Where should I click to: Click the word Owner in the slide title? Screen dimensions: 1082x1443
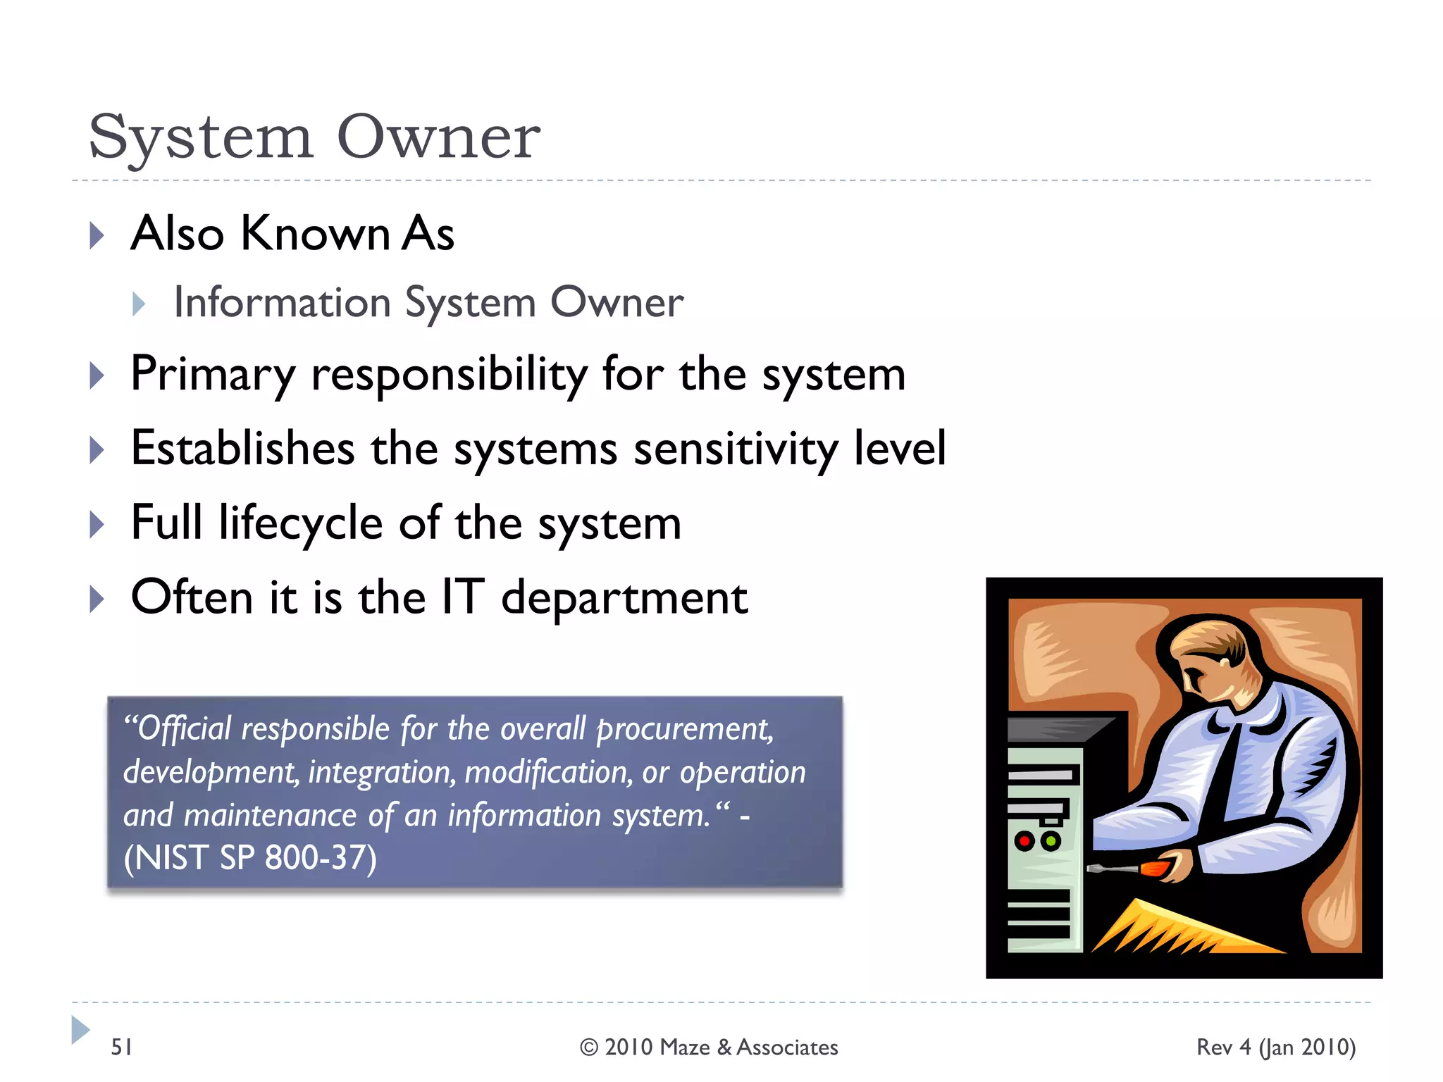[x=438, y=137]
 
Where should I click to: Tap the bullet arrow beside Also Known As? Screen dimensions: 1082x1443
[x=97, y=235]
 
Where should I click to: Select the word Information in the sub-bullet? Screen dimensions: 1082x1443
[x=282, y=303]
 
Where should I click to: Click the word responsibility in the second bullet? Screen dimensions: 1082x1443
[x=449, y=374]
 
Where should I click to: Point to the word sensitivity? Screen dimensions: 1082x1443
[x=736, y=449]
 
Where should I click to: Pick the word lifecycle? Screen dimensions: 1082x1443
[x=300, y=523]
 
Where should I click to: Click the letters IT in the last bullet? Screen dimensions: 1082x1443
[x=462, y=597]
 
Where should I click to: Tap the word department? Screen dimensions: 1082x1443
[x=624, y=599]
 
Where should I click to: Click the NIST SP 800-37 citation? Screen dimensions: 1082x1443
[x=250, y=858]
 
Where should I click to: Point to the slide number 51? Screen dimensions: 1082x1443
[x=122, y=1047]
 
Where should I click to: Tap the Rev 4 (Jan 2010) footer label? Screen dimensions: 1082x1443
[x=1275, y=1047]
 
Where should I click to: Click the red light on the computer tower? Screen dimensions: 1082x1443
[x=1024, y=840]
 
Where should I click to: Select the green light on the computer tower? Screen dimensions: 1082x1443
[x=1050, y=840]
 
